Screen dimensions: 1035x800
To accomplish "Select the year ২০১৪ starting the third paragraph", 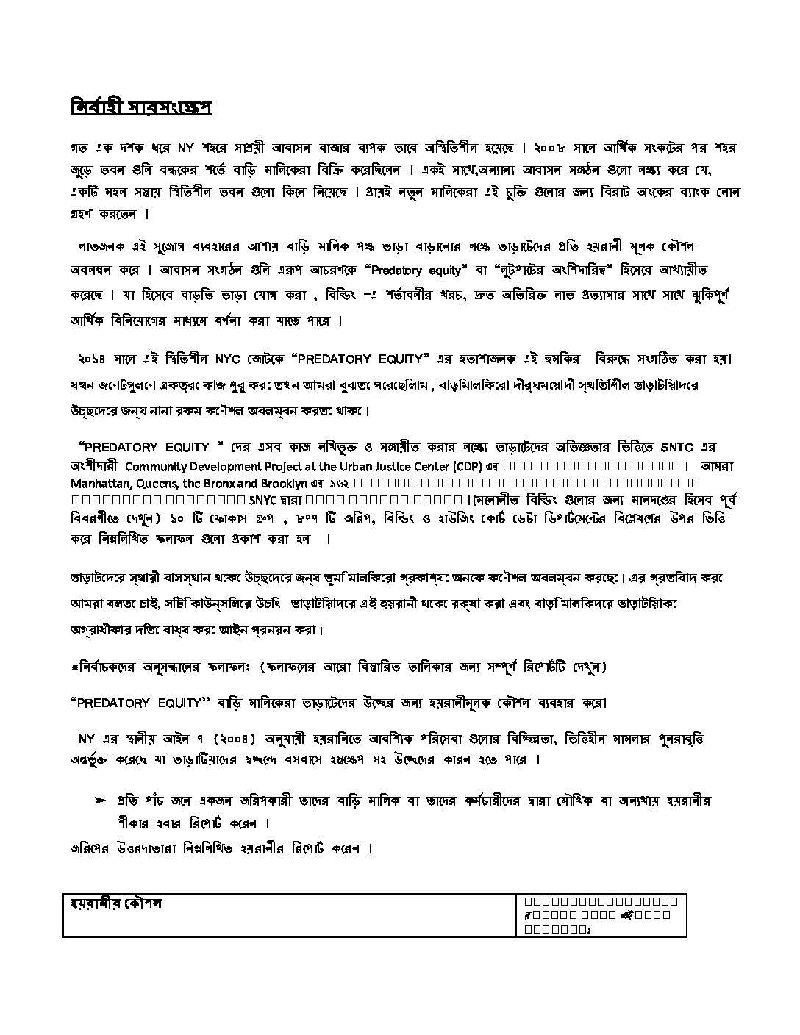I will (96, 359).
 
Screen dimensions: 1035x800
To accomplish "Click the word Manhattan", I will (101, 484).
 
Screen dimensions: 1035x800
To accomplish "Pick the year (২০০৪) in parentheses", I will (232, 738).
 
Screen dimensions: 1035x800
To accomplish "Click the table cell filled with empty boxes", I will (601, 915).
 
